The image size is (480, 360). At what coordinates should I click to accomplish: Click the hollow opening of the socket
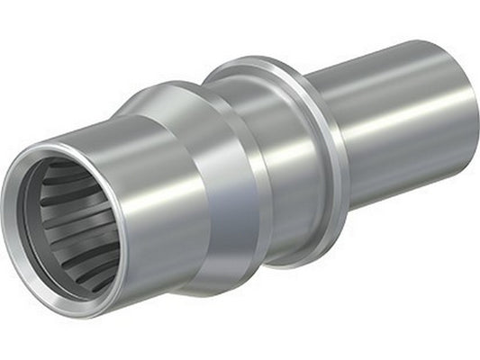[68, 225]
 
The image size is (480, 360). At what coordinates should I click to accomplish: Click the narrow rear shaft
[396, 117]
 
